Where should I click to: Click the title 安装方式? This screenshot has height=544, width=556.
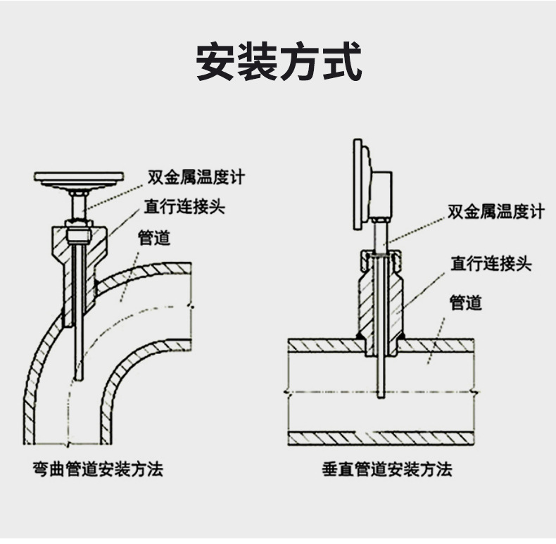(278, 63)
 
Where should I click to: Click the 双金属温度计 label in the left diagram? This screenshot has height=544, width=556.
(196, 176)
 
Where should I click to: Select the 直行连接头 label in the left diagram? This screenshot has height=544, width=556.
(185, 207)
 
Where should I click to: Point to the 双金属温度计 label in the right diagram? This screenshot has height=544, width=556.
(495, 212)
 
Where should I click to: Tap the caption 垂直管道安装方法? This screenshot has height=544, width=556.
(387, 469)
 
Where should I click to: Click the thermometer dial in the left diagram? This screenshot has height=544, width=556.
(80, 177)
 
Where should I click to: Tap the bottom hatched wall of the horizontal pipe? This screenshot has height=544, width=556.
(380, 438)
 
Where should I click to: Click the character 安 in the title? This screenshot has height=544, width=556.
(215, 63)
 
